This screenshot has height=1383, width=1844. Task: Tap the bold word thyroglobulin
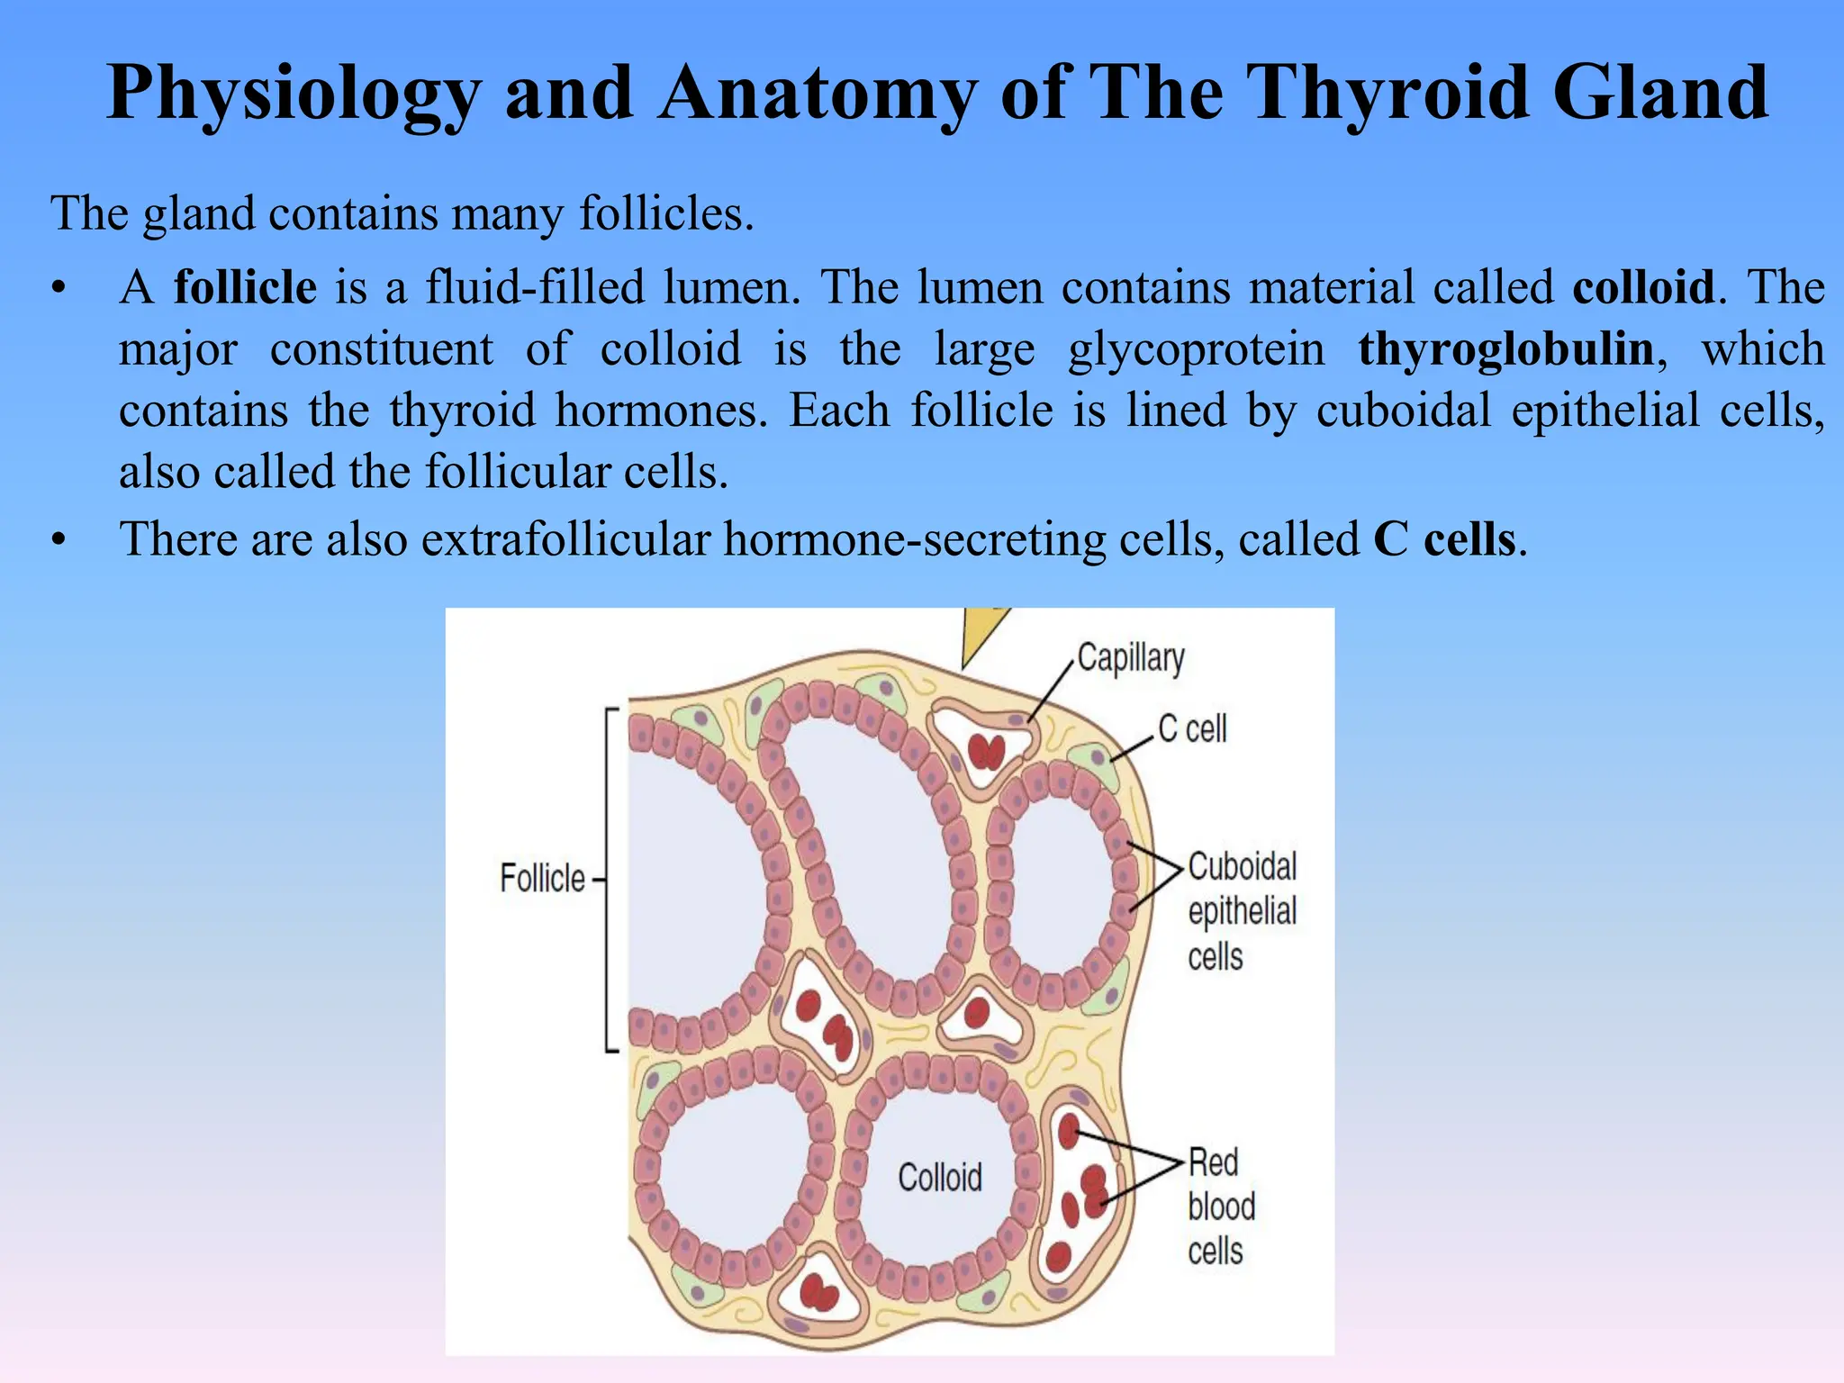(x=1506, y=348)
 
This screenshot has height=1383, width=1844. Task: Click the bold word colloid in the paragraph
(x=1643, y=287)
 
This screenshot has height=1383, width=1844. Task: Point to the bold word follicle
(x=245, y=287)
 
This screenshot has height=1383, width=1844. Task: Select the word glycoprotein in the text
(x=1197, y=350)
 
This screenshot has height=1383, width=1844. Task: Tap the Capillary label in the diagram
(x=1131, y=658)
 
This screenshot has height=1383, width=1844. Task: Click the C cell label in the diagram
(x=1192, y=728)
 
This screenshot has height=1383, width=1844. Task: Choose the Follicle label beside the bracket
(x=542, y=878)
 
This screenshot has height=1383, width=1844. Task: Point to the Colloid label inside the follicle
(x=940, y=1177)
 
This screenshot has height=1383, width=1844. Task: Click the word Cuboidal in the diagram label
(x=1243, y=866)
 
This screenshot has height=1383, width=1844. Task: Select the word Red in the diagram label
(x=1214, y=1162)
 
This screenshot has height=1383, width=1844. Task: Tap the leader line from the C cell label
(x=1134, y=748)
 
